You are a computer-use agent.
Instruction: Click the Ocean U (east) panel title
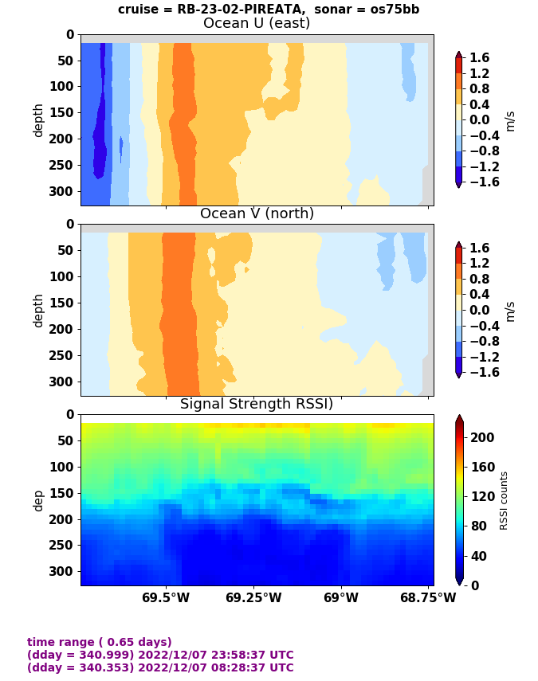(x=257, y=23)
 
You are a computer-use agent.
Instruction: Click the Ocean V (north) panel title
(x=257, y=213)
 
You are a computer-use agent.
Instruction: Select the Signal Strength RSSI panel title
(x=257, y=404)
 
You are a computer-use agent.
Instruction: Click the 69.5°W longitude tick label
(x=166, y=597)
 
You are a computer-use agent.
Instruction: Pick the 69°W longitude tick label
(x=341, y=597)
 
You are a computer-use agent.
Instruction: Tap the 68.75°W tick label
(x=428, y=597)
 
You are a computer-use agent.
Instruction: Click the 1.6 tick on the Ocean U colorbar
(x=479, y=58)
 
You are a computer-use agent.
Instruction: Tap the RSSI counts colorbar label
(x=505, y=500)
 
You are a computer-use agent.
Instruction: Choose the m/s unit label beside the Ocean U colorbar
(x=510, y=120)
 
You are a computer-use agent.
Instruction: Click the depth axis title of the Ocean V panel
(x=37, y=310)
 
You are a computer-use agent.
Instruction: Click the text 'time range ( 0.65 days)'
(x=100, y=642)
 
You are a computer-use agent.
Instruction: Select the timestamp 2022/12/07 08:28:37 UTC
(x=208, y=667)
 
